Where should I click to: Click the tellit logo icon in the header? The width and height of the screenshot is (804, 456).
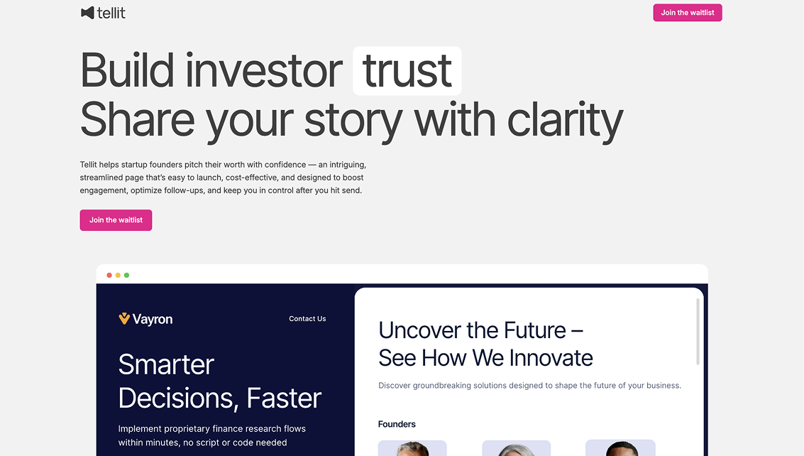87,13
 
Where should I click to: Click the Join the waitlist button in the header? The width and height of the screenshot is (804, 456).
687,13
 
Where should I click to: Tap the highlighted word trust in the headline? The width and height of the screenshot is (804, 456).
407,70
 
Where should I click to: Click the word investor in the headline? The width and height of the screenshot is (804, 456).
264,70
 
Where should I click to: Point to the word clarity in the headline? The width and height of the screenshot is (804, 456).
565,119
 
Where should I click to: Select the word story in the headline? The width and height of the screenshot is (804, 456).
353,119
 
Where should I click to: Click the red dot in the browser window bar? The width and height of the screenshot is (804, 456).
109,275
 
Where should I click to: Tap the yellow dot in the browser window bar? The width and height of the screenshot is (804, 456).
118,275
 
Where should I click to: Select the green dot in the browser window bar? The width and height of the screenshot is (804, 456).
126,275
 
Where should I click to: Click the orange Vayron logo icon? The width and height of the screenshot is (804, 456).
124,319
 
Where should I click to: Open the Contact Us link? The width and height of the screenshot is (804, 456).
307,319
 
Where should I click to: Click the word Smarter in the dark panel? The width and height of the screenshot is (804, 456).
166,364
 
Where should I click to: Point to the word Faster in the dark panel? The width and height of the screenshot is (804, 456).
284,398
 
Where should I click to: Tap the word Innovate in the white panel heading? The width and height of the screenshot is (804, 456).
551,357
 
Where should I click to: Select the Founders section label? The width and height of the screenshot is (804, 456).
397,424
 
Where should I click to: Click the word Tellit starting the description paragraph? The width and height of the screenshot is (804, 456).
90,165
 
